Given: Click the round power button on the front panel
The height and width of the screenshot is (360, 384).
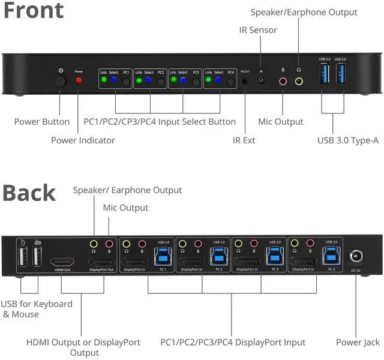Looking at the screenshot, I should (x=61, y=80).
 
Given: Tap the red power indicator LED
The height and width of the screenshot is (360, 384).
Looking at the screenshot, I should (x=78, y=80).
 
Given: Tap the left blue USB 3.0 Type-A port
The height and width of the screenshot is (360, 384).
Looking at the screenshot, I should (x=325, y=74).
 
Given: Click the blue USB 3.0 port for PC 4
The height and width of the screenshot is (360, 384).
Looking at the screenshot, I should (x=330, y=256).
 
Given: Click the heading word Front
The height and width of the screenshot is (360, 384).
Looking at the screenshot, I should (x=34, y=11).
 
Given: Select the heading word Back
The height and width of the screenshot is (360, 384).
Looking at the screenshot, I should (x=29, y=193).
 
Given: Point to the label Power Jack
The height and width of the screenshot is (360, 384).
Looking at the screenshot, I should (x=358, y=342).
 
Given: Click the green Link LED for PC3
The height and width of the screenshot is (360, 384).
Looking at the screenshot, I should (x=174, y=79).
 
